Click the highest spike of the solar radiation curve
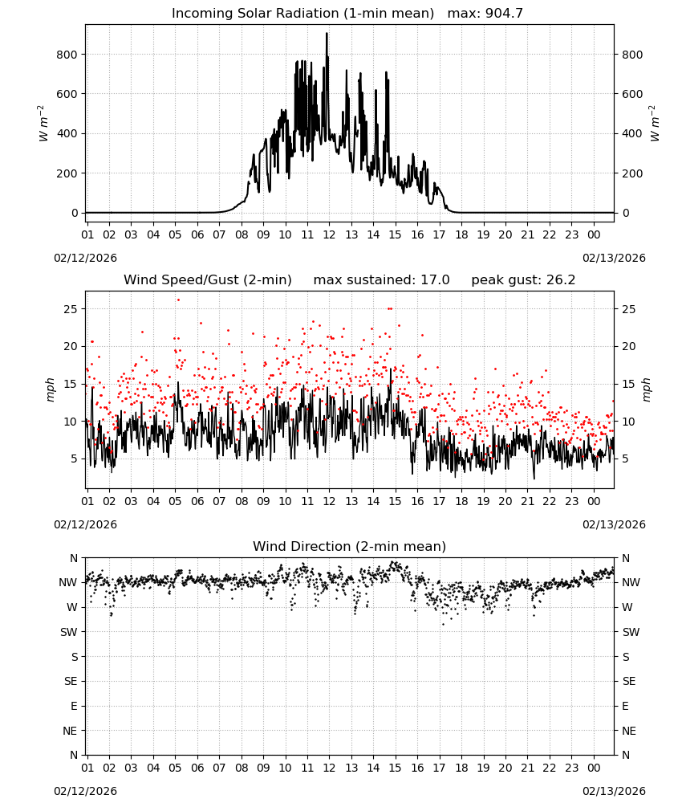point(327,34)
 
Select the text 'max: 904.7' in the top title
point(485,14)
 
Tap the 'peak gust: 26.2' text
point(523,280)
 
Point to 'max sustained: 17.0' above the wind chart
point(381,280)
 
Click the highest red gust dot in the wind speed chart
point(178,300)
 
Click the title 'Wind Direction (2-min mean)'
point(350,546)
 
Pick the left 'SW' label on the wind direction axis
point(69,632)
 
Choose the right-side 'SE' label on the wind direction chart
point(629,682)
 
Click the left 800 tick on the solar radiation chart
point(67,55)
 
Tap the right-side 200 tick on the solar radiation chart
point(632,173)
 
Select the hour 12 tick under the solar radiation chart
point(329,234)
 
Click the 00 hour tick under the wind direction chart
point(594,768)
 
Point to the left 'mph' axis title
point(50,390)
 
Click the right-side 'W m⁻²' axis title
point(655,124)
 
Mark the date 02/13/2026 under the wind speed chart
point(614,524)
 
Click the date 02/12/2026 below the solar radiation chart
point(85,258)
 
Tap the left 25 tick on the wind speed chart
point(71,309)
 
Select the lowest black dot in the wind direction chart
point(443,624)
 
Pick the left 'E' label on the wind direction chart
point(74,706)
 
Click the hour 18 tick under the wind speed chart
point(461,501)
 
